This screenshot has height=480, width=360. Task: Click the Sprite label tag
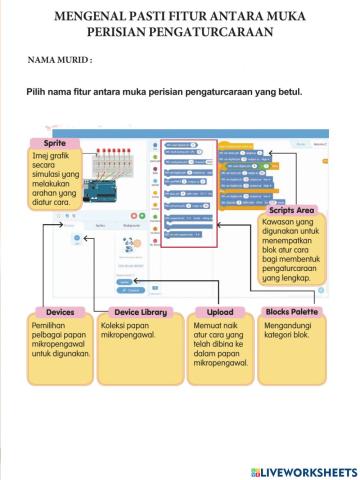point(56,143)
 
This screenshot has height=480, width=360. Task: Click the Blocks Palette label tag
point(291,312)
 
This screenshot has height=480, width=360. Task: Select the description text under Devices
point(59,345)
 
